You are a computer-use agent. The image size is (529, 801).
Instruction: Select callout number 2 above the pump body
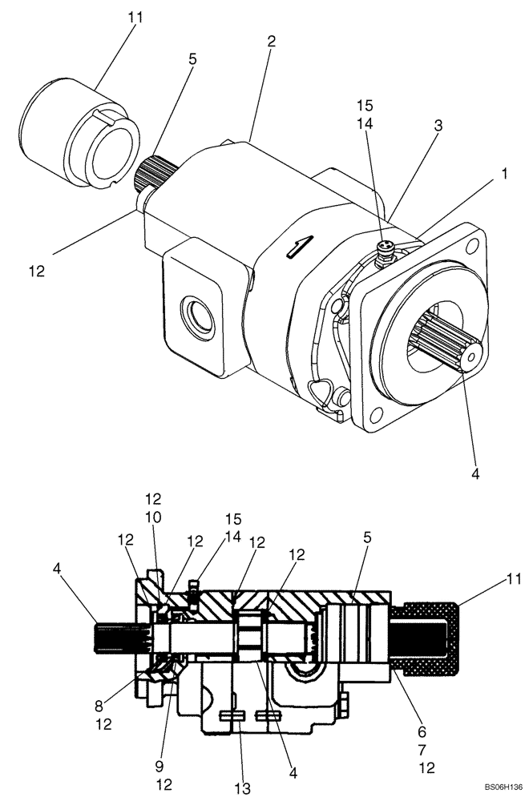[x=272, y=42]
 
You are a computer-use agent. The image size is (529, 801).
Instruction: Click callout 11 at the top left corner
[x=129, y=16]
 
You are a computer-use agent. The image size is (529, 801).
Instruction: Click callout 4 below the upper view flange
[x=475, y=473]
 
